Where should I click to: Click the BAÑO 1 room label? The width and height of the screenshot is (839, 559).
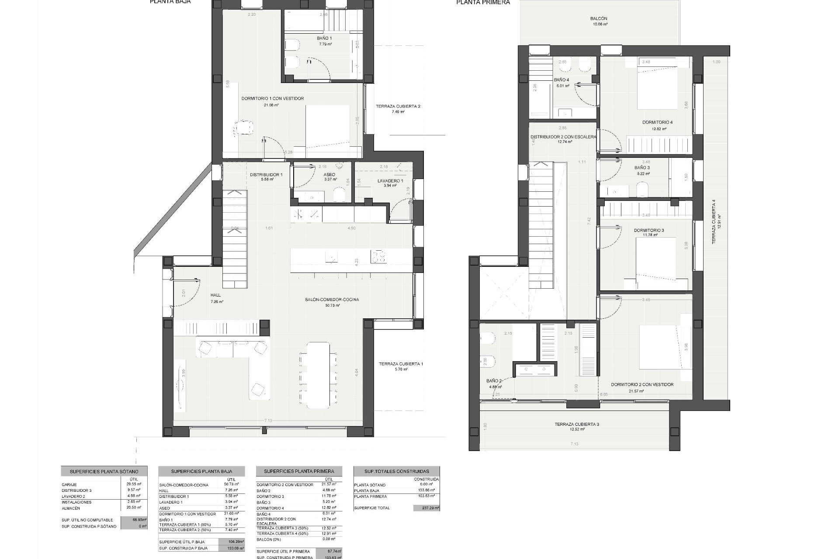tap(324, 38)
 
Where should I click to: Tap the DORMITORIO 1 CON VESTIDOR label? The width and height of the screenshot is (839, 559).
tap(272, 99)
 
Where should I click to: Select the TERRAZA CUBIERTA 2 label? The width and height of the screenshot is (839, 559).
tap(398, 106)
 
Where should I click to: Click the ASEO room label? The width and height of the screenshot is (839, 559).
tap(329, 175)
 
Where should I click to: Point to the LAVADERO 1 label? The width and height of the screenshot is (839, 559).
tap(390, 181)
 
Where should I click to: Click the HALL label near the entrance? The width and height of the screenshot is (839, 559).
tap(216, 295)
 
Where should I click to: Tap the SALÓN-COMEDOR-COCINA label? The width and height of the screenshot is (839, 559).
tap(332, 300)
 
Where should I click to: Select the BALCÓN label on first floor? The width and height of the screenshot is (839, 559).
tap(598, 19)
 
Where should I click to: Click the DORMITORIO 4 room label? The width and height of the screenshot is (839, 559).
tap(657, 122)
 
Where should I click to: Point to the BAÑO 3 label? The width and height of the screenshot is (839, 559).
tap(642, 168)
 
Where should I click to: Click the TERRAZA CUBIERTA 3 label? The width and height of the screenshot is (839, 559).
tap(576, 424)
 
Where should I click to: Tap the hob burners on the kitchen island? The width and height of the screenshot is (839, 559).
tap(378, 256)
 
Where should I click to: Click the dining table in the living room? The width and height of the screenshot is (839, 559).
tap(318, 375)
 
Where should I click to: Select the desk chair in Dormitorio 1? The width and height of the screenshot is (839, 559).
tap(243, 128)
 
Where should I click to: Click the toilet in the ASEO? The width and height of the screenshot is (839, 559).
tap(340, 195)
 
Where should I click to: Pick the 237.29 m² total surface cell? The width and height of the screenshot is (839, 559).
tap(426, 508)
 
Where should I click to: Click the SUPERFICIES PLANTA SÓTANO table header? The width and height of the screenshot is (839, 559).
tap(104, 472)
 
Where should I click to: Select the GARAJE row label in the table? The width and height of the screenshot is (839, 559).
tap(69, 485)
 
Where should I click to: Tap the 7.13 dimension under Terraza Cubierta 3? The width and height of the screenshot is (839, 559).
tap(574, 444)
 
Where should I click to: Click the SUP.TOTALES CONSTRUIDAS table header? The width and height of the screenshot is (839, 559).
tap(396, 472)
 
